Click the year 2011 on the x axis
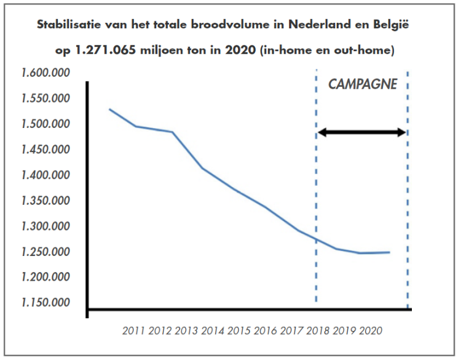tap(133, 330)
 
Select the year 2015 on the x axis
tap(239, 330)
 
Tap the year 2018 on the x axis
tap(318, 330)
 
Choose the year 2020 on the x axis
tap(371, 330)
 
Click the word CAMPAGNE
tap(362, 85)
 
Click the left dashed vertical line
tap(316, 185)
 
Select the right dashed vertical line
tap(408, 185)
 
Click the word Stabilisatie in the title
tap(68, 26)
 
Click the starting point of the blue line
tap(109, 109)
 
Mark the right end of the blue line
tap(389, 252)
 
